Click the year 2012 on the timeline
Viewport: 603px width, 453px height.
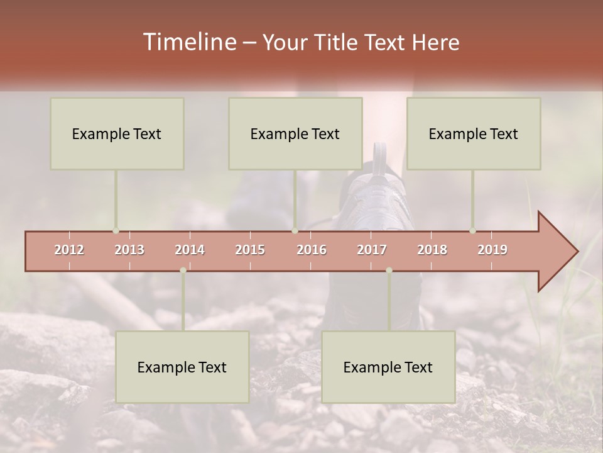point(69,250)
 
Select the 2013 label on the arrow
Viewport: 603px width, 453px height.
point(129,250)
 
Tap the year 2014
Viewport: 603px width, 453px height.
point(190,250)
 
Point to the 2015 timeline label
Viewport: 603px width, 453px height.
point(250,250)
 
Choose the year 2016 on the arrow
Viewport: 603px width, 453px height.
point(312,250)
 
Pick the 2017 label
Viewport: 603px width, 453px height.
point(372,250)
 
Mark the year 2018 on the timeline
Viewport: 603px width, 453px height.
point(432,250)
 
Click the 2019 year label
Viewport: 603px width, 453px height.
point(492,250)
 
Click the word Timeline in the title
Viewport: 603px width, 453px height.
point(188,42)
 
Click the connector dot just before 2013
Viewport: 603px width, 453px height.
point(116,231)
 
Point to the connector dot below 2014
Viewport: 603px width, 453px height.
point(183,271)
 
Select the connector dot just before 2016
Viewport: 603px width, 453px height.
point(295,231)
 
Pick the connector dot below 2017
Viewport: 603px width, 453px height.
point(389,271)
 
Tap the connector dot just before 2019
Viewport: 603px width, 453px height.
point(473,231)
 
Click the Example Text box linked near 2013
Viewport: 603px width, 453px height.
point(117,133)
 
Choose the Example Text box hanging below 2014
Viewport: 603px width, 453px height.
point(182,367)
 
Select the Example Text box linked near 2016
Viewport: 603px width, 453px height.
point(295,133)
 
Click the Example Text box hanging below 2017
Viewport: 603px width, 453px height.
point(388,367)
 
